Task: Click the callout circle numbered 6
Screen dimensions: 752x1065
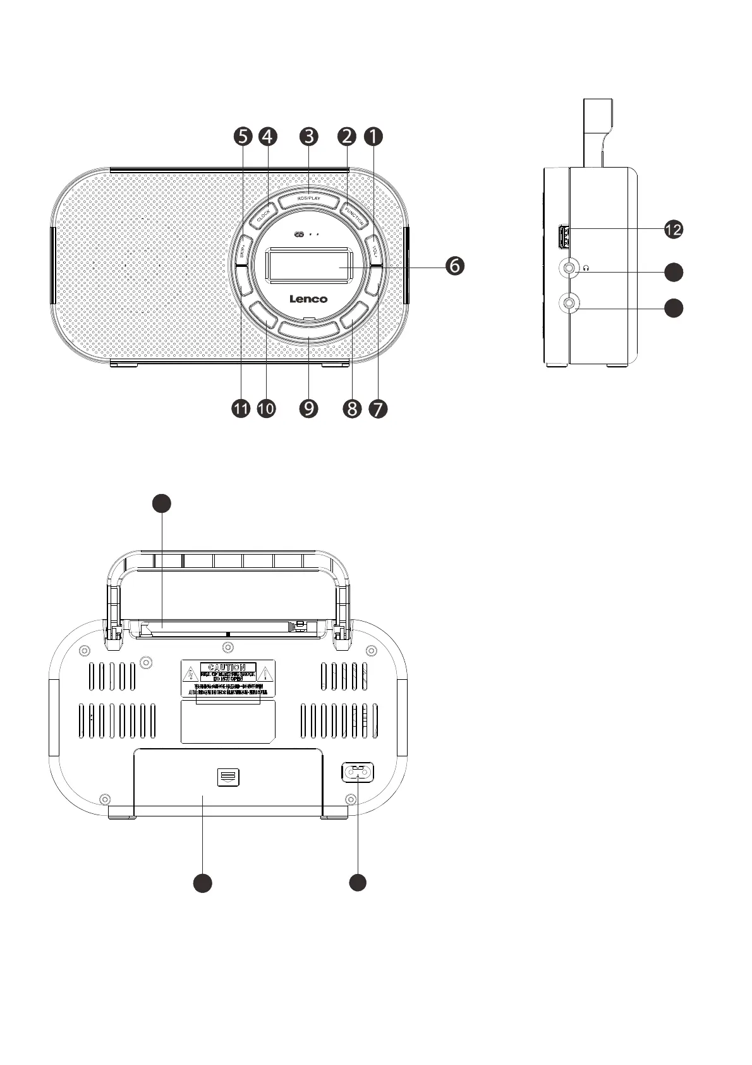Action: [x=454, y=266]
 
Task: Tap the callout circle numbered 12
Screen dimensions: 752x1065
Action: [x=674, y=230]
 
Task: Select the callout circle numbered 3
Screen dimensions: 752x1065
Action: [x=309, y=135]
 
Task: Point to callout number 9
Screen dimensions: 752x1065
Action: [x=309, y=409]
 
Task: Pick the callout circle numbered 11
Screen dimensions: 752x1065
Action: [x=241, y=409]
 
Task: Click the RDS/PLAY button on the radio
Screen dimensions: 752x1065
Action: [x=309, y=199]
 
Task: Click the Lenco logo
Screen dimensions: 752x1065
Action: [x=308, y=299]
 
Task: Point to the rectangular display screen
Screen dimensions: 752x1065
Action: [x=309, y=264]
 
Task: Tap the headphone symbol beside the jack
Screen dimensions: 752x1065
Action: [x=586, y=268]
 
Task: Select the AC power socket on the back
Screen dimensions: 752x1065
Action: [x=358, y=772]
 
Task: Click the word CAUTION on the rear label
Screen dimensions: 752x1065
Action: [x=227, y=667]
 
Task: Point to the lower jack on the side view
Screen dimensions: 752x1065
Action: [x=570, y=304]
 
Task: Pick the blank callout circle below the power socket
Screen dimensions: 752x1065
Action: [x=358, y=883]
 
